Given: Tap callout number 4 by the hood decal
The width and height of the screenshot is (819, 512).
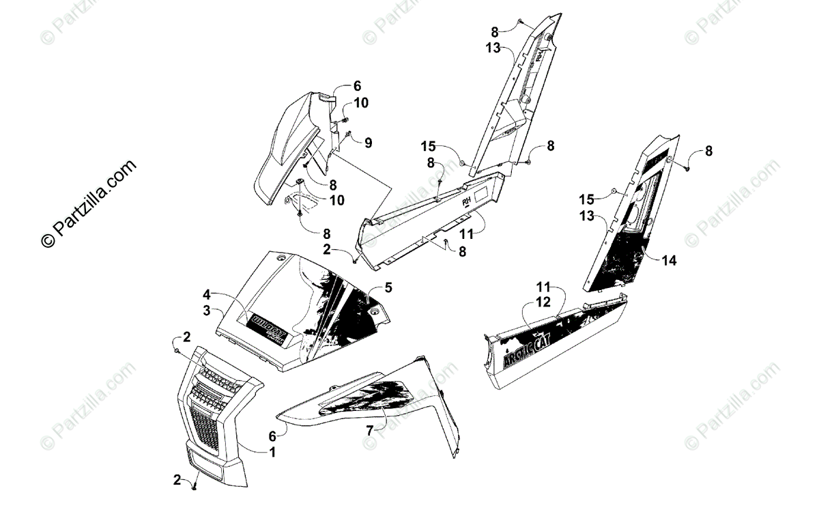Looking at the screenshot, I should click(206, 296).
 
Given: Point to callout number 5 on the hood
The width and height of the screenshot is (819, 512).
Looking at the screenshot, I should click(388, 287).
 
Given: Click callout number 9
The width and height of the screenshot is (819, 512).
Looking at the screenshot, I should click(368, 143).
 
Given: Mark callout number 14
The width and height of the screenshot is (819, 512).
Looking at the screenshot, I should click(670, 261).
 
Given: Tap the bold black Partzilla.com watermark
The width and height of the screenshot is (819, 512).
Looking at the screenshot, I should click(89, 203).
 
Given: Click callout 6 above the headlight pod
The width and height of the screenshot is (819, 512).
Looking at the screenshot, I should click(357, 86).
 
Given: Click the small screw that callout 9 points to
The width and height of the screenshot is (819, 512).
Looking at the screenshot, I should click(348, 135).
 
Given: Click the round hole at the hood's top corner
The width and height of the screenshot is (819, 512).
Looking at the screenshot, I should click(281, 259).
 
